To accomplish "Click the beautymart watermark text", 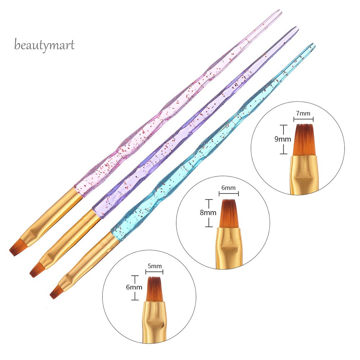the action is (45, 45).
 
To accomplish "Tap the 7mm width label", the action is (303, 114).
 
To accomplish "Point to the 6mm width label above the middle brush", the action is (228, 188).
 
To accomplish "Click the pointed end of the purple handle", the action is (296, 28).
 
